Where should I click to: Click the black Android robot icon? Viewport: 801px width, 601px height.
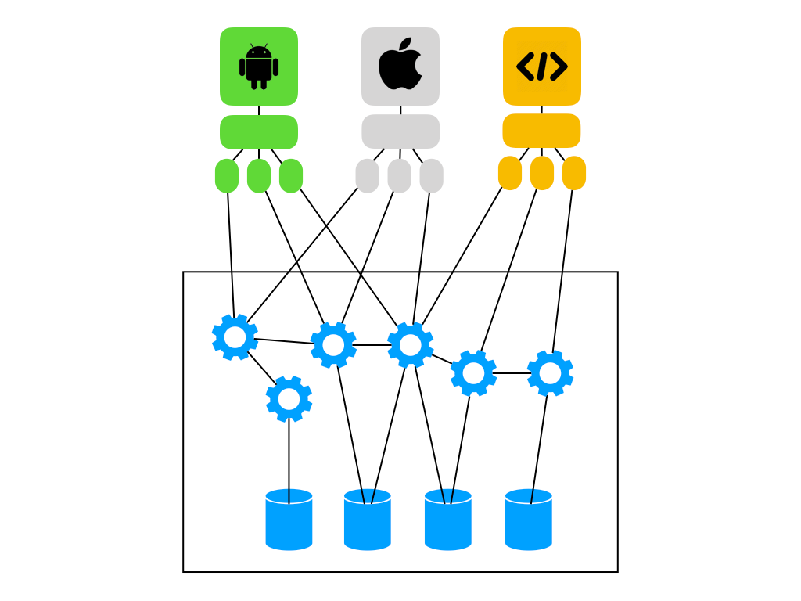[x=259, y=67]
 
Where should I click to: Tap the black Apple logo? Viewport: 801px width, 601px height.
[x=400, y=64]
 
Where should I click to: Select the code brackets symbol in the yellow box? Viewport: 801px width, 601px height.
[x=541, y=67]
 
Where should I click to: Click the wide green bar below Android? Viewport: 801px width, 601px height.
[x=259, y=132]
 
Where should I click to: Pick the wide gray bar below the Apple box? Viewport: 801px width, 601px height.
[x=400, y=131]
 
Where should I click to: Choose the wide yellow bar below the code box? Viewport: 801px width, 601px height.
[x=541, y=131]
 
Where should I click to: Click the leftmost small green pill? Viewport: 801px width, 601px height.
[x=227, y=175]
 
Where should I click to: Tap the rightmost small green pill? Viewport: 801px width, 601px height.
[x=291, y=175]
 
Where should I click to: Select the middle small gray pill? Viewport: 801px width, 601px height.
[x=399, y=175]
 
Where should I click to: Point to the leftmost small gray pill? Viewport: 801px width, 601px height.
[x=367, y=175]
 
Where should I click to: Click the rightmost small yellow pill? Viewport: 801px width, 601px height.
[x=574, y=173]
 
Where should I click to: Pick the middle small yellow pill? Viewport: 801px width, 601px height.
[x=542, y=173]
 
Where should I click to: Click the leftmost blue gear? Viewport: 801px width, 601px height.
[x=235, y=337]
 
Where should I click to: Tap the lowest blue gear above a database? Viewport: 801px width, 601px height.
[x=289, y=399]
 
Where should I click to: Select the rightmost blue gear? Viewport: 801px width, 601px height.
[x=550, y=373]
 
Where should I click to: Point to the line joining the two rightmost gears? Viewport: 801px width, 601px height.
[x=512, y=373]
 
